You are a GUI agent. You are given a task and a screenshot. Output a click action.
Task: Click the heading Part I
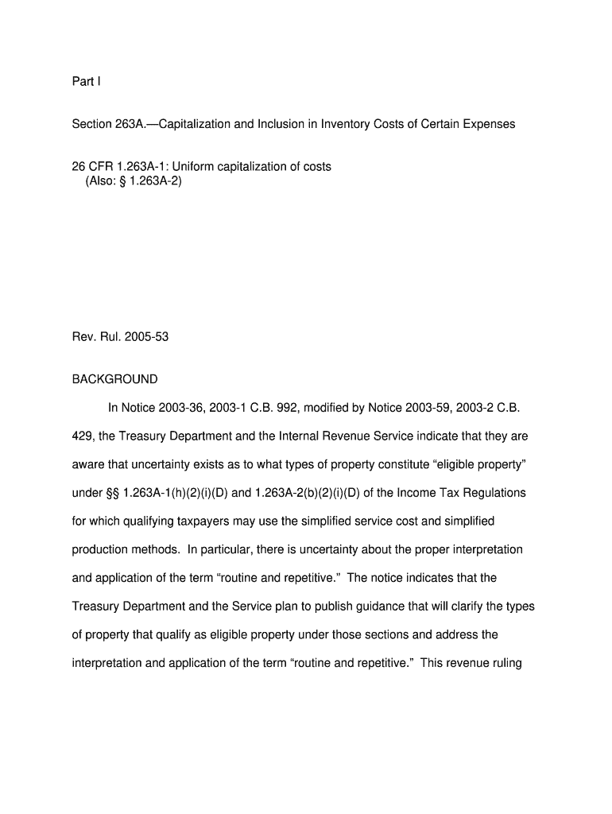(x=87, y=81)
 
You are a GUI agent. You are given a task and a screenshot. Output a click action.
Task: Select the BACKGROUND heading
(x=114, y=379)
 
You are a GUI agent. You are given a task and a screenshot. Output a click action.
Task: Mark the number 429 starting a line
(x=82, y=436)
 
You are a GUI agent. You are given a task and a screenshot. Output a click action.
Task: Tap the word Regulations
(x=495, y=493)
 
